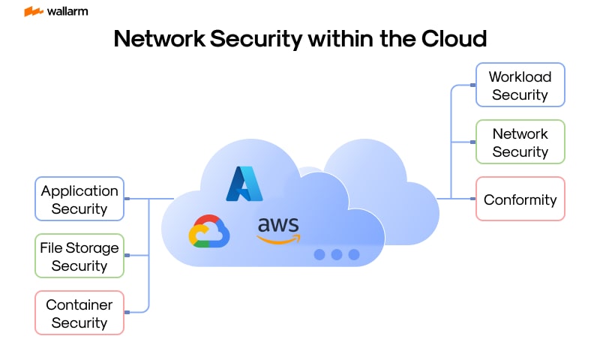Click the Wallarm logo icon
click(x=33, y=11)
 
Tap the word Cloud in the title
click(x=451, y=38)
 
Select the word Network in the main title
click(x=160, y=38)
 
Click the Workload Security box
click(x=520, y=85)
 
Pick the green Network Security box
click(x=520, y=142)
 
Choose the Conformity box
click(x=520, y=199)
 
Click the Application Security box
click(x=79, y=199)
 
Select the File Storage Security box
click(x=79, y=256)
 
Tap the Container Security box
click(x=79, y=313)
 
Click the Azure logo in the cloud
click(x=244, y=184)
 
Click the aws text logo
click(x=278, y=224)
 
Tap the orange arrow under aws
click(x=279, y=239)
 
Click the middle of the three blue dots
click(x=337, y=254)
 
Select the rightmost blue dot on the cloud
click(x=354, y=254)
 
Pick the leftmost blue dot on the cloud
click(x=319, y=254)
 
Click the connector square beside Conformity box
click(x=472, y=199)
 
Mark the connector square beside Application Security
click(x=127, y=199)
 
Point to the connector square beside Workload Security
click(x=472, y=85)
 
